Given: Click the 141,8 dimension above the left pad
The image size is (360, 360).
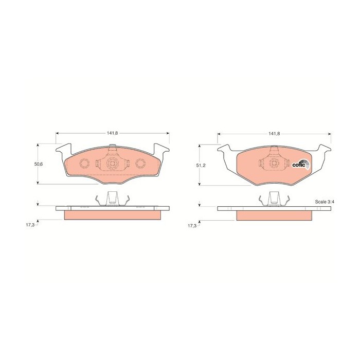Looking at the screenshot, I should tap(113, 133).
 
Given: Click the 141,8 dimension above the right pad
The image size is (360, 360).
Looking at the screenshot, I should tap(274, 134).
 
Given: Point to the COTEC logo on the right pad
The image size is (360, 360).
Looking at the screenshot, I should tap(300, 165).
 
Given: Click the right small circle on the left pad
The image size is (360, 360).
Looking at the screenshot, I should tap(140, 163).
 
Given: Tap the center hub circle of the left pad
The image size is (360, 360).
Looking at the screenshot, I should tap(112, 164).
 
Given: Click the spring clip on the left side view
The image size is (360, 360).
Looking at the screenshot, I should tap(112, 199).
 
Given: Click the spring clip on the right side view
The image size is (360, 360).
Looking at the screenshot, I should tap(274, 200).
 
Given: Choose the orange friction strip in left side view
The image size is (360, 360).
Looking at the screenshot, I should tap(112, 215).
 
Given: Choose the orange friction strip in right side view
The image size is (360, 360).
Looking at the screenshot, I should tap(274, 216).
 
